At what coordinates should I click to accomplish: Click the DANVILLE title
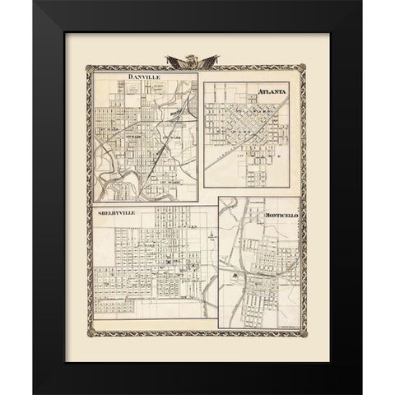pos(145,79)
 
